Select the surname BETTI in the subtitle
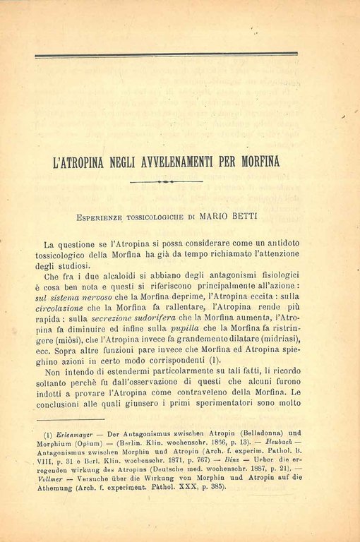[251, 210]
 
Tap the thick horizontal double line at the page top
[166, 54]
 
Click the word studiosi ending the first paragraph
[73, 265]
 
